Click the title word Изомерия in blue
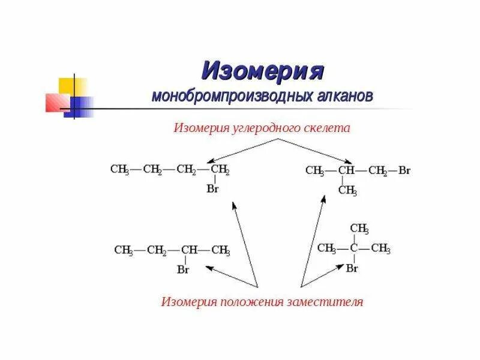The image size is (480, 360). [x=263, y=71]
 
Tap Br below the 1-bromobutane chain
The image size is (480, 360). [x=212, y=188]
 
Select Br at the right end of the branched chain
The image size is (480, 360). [x=404, y=170]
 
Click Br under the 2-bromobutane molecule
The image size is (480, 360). [x=184, y=269]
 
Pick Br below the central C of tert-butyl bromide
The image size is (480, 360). [x=352, y=268]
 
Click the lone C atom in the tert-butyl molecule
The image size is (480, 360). [x=354, y=248]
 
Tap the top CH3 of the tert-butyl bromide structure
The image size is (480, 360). [x=359, y=229]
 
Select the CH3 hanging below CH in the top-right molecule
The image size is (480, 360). [x=347, y=191]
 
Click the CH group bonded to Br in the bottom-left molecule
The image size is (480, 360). [x=190, y=251]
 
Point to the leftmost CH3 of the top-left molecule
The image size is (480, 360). [x=120, y=170]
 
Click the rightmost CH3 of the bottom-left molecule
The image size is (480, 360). [x=220, y=251]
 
